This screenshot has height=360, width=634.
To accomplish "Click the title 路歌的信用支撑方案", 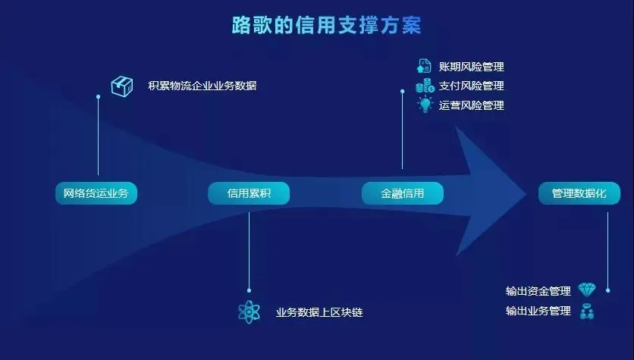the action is (x=326, y=25).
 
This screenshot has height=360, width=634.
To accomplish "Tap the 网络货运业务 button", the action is (x=96, y=193).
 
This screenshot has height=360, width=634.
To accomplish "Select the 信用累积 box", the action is (x=249, y=193).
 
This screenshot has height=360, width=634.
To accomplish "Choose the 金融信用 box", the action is (x=402, y=193).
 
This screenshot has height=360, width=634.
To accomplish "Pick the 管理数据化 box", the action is (x=579, y=193).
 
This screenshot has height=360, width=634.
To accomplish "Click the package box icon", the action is (x=122, y=86).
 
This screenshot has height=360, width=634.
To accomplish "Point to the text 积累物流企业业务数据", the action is (x=202, y=86).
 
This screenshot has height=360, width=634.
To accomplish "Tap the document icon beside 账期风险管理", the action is (x=424, y=66).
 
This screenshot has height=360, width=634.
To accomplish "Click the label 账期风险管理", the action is (x=472, y=67).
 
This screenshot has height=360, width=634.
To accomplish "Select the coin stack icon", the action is (x=425, y=86).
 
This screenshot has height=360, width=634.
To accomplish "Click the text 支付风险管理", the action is (x=472, y=86).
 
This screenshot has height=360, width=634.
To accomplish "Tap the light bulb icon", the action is (x=425, y=105).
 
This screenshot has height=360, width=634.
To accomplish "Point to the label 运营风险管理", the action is (x=472, y=105).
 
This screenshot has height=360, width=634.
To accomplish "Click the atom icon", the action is (x=249, y=312).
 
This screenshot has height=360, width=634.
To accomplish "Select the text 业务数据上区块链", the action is (x=319, y=312).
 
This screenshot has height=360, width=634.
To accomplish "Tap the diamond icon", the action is (x=587, y=290).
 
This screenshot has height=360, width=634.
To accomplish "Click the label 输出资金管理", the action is (x=538, y=291).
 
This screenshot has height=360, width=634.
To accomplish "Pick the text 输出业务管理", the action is (x=538, y=311).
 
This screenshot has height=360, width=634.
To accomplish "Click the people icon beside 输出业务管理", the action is (x=587, y=311).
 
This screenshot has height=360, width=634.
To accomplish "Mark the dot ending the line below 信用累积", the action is (x=249, y=290).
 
